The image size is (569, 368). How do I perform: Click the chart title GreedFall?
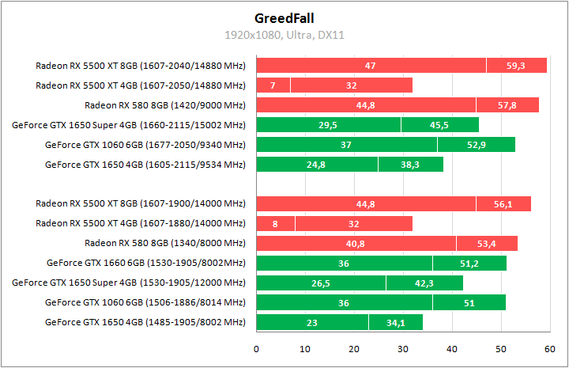click(x=284, y=17)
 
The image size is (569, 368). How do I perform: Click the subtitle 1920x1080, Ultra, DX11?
click(x=284, y=35)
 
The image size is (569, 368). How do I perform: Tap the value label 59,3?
click(x=516, y=66)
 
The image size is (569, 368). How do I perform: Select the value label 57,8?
click(x=507, y=105)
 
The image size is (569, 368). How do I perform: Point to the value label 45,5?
click(x=439, y=125)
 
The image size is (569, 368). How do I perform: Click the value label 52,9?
click(x=476, y=145)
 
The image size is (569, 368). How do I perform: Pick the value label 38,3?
click(x=410, y=165)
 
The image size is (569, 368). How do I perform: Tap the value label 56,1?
click(x=503, y=204)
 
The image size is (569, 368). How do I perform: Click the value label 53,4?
click(x=487, y=244)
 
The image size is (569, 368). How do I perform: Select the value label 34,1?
click(x=395, y=323)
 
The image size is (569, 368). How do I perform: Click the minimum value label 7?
click(x=273, y=85)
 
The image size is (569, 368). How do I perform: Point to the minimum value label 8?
click(x=275, y=224)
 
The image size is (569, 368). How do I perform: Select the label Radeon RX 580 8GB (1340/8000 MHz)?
click(x=165, y=244)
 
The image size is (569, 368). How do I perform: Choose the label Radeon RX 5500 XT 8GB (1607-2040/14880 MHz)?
click(x=141, y=66)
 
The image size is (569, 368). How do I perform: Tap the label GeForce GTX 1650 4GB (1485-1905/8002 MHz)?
click(x=145, y=323)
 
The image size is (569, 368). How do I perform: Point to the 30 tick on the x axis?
click(x=403, y=348)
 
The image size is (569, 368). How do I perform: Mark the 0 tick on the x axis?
click(x=257, y=348)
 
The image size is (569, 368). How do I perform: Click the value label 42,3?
click(x=424, y=283)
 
